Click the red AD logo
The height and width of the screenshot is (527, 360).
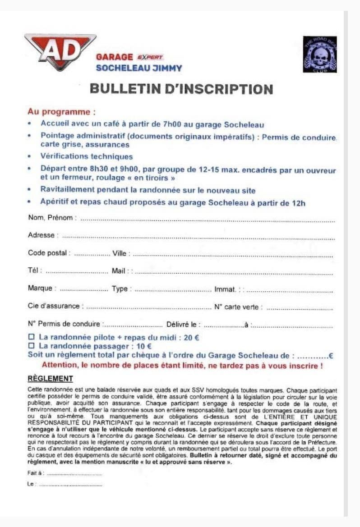click(x=60, y=51)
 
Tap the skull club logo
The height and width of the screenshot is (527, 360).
click(x=319, y=54)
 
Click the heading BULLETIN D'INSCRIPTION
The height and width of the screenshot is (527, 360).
click(x=181, y=88)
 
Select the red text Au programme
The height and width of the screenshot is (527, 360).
click(x=61, y=111)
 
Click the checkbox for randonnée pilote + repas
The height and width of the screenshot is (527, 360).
click(x=31, y=337)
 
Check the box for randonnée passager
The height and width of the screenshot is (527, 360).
click(x=31, y=346)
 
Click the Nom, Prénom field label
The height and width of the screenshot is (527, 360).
click(x=50, y=218)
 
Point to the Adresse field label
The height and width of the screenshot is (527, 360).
click(x=42, y=235)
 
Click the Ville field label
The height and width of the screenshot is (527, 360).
click(x=120, y=253)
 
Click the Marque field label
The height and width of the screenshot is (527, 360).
click(x=40, y=289)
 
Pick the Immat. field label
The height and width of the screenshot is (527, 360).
click(x=226, y=289)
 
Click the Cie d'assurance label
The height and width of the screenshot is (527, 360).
click(x=54, y=306)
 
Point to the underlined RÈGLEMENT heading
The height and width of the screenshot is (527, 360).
click(x=50, y=378)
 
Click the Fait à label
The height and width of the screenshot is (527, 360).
click(x=35, y=473)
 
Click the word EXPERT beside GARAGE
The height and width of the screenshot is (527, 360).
click(x=149, y=57)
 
